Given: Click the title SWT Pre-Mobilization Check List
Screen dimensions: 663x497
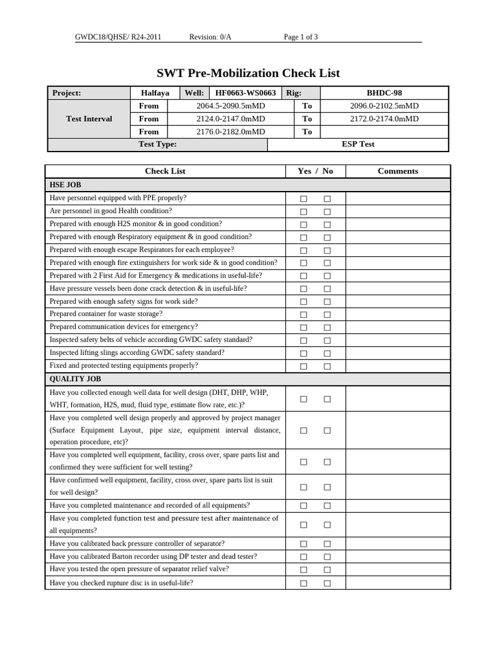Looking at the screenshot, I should click(248, 73).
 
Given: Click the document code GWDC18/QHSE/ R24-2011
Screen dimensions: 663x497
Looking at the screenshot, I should click(118, 37).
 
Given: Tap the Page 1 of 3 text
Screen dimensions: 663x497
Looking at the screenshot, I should click(300, 37).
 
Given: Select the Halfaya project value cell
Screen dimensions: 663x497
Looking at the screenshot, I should click(155, 93).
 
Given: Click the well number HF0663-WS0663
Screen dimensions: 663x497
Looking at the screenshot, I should click(245, 93).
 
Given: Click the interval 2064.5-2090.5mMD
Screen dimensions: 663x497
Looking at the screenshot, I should click(230, 106).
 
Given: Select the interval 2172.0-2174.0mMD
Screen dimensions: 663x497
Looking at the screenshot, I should click(384, 118).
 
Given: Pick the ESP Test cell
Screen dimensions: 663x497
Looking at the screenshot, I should click(358, 144).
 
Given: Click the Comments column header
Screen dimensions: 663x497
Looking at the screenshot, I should click(397, 171).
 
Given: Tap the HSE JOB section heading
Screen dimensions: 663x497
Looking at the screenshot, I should click(65, 185).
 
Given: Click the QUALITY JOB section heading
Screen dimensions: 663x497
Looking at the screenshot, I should click(75, 379).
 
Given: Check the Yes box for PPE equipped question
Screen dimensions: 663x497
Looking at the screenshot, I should click(304, 199).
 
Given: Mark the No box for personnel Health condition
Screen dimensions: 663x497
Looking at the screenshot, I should click(327, 212).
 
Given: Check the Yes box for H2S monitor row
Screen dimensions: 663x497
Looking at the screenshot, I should click(304, 225).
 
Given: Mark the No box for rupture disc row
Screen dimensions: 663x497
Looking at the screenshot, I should click(327, 583).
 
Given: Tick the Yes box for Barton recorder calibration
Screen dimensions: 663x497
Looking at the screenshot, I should click(304, 557).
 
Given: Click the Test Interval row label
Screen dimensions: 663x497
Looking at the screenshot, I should click(89, 118).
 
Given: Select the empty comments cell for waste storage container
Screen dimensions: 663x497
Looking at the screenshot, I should click(397, 314).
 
